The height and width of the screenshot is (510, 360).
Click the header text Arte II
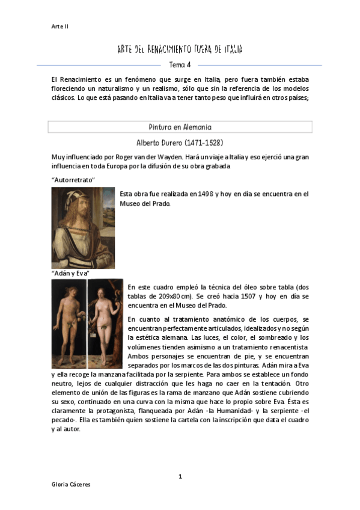(x=60, y=26)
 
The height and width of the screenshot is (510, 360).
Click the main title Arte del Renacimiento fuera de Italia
(x=180, y=49)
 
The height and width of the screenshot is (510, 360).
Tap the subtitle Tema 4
(x=180, y=65)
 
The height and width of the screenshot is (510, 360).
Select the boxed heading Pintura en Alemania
(x=180, y=127)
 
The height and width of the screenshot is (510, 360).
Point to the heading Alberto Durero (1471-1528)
(x=180, y=143)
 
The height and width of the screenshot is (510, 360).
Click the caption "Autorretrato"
(x=73, y=180)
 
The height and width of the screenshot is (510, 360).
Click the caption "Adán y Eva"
(x=70, y=274)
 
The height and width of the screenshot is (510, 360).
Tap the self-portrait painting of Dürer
(x=82, y=227)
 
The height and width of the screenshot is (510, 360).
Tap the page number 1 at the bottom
(x=180, y=476)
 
